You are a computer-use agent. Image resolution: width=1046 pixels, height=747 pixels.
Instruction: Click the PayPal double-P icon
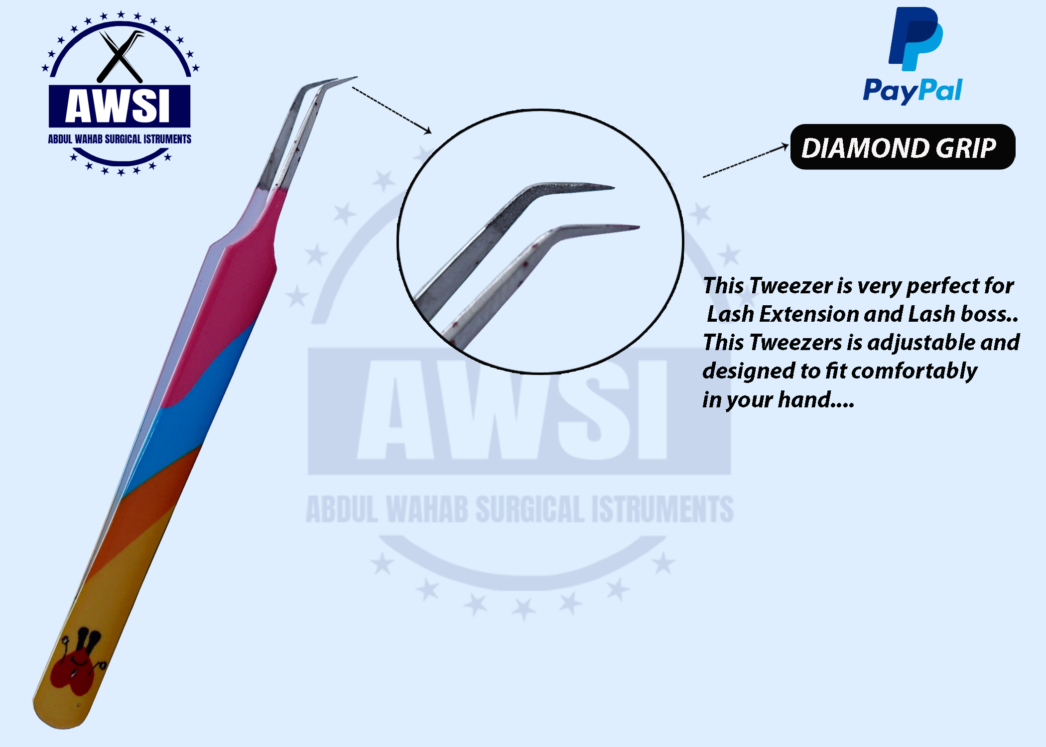click(915, 38)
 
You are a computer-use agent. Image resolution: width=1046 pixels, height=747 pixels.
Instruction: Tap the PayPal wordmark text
click(913, 91)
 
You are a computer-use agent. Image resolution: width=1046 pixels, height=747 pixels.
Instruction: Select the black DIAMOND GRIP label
click(903, 147)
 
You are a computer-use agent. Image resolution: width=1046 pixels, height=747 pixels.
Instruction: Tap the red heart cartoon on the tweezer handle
click(77, 662)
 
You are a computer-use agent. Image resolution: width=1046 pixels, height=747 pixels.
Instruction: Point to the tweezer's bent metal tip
click(324, 87)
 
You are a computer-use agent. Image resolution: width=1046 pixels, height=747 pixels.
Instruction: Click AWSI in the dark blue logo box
click(119, 106)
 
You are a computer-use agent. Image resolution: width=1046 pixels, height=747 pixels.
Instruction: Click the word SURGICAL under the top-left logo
click(123, 139)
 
